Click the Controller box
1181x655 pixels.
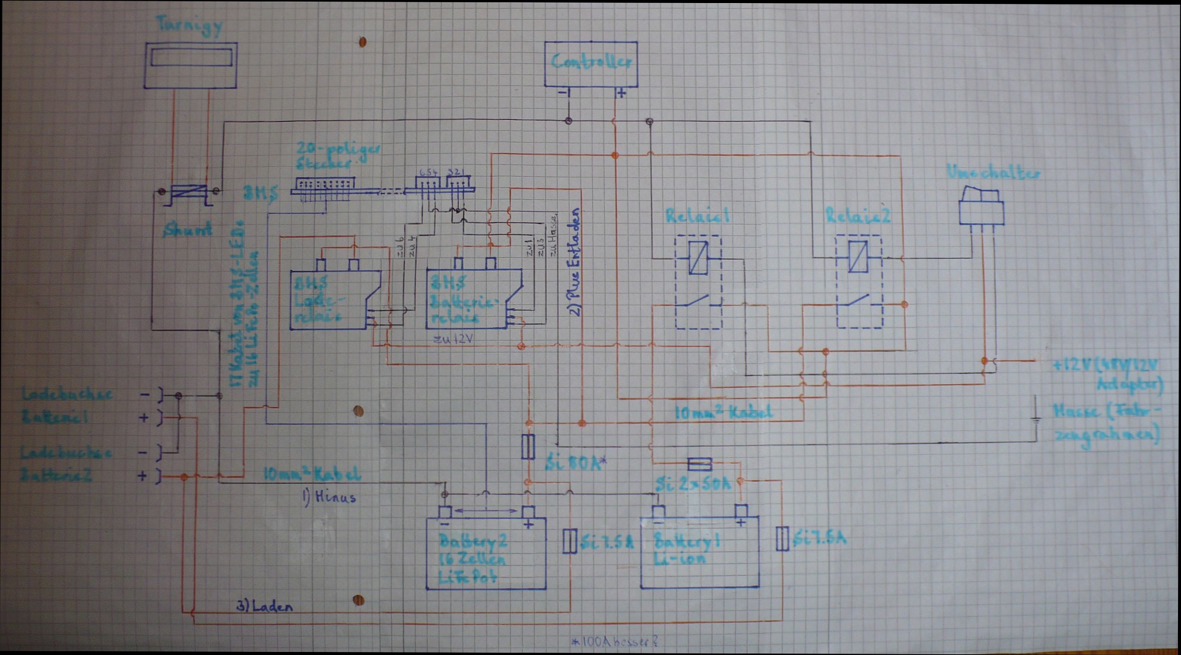pyautogui.click(x=590, y=64)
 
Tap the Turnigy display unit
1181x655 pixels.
pyautogui.click(x=191, y=65)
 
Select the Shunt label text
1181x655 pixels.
pyautogui.click(x=189, y=229)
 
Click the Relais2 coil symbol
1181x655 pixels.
pyautogui.click(x=859, y=258)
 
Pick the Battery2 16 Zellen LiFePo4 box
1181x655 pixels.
pyautogui.click(x=486, y=553)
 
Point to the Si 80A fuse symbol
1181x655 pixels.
pyautogui.click(x=529, y=447)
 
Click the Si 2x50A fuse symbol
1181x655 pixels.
pyautogui.click(x=700, y=465)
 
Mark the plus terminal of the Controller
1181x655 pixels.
pyautogui.click(x=621, y=94)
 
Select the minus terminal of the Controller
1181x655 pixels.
pyautogui.click(x=563, y=93)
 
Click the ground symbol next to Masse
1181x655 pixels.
pyautogui.click(x=1035, y=418)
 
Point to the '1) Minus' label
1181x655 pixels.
pyautogui.click(x=329, y=497)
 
